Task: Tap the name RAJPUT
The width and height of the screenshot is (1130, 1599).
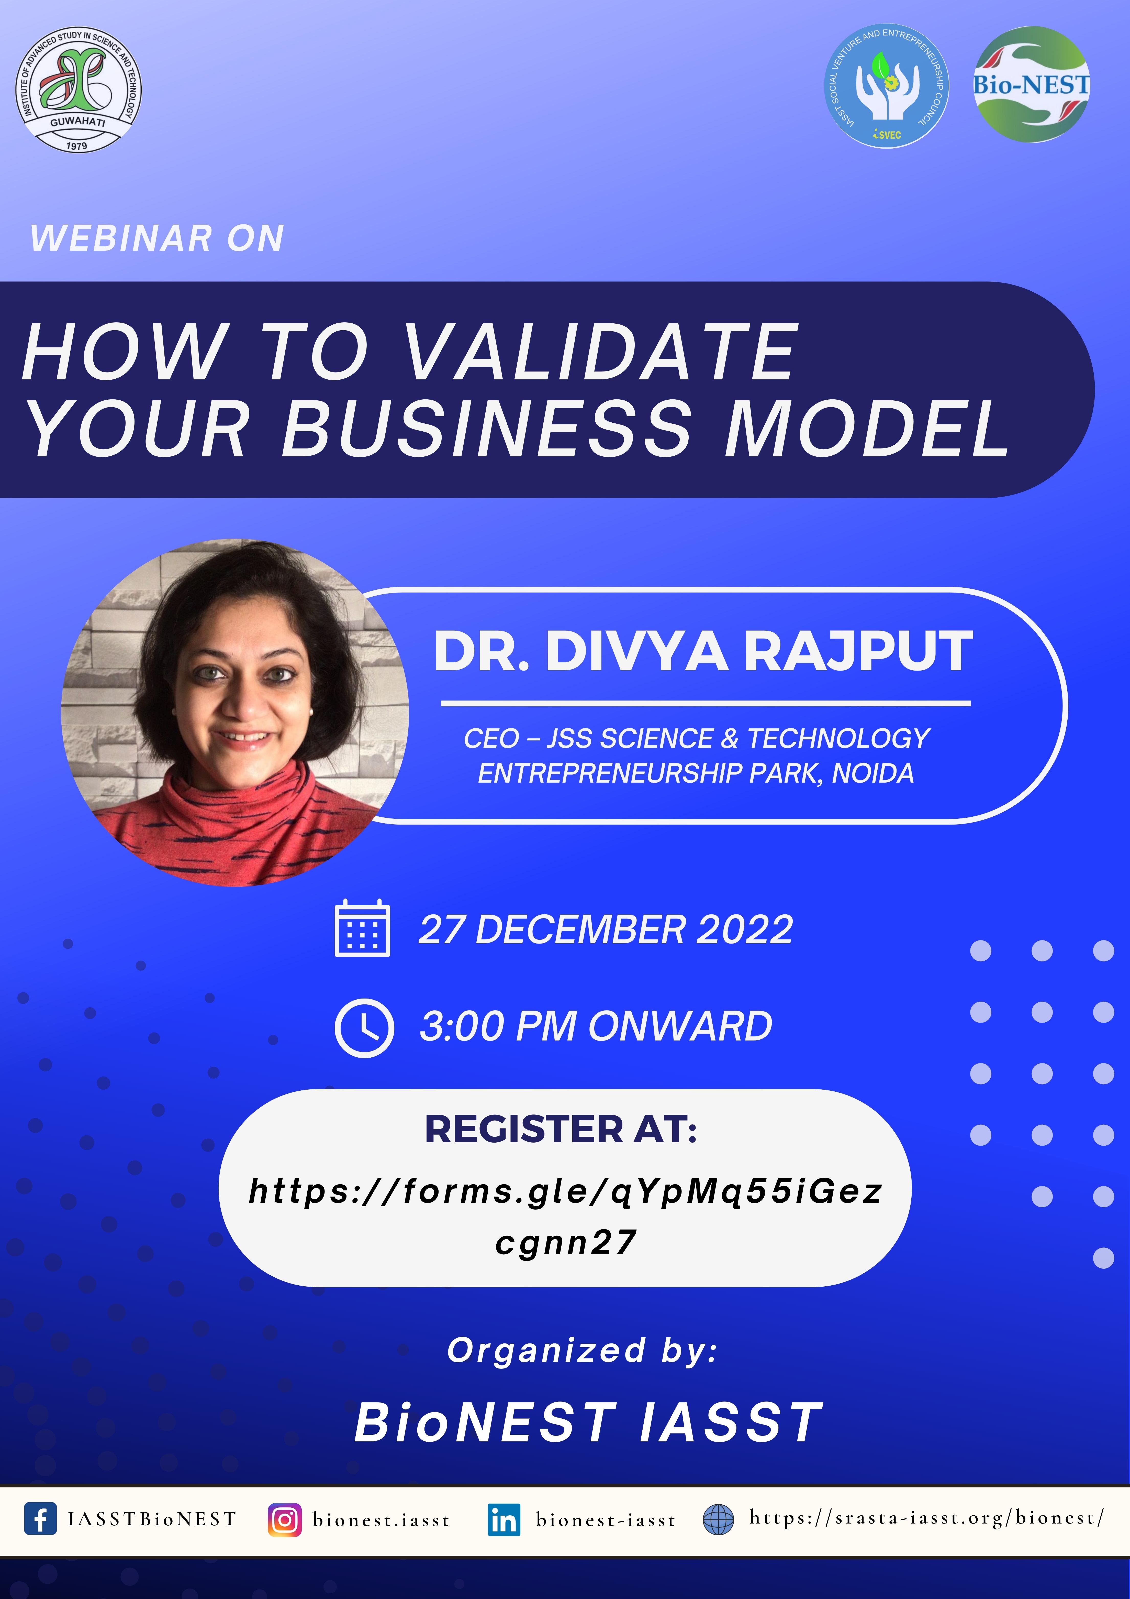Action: [858, 651]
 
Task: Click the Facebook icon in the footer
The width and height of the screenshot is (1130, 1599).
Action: [40, 1519]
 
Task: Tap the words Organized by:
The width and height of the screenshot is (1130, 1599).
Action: [582, 1350]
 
